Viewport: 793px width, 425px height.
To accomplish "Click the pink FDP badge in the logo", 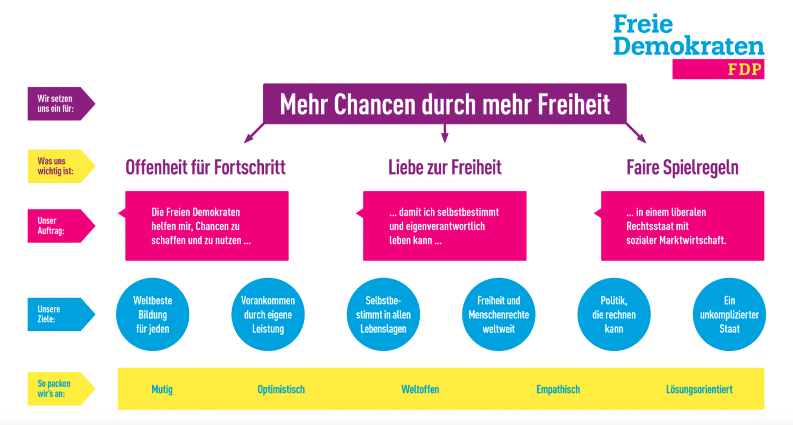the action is tap(718, 69).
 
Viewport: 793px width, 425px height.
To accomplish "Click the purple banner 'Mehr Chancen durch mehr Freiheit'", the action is tap(445, 104).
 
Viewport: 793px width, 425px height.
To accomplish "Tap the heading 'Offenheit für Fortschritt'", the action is tap(205, 168).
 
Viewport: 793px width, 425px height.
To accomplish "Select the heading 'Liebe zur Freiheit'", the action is tap(445, 168).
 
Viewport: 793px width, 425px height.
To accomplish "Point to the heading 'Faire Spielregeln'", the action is tap(683, 168).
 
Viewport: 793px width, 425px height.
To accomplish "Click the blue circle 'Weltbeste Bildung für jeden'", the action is tap(153, 314).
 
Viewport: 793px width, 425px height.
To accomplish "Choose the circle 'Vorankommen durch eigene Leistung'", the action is tap(268, 314).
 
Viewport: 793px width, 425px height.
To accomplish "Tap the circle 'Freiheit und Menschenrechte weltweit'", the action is tap(499, 314).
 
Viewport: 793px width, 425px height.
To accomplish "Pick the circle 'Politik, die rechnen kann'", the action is tap(614, 314).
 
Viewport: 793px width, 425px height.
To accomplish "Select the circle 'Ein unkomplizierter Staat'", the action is tap(729, 314).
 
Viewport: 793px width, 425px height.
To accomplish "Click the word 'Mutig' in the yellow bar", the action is tap(162, 390).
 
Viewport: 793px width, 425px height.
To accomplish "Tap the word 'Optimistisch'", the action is tap(281, 390).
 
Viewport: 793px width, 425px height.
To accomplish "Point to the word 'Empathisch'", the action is tap(558, 390).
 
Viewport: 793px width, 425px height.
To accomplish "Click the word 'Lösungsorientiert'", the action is tap(699, 390).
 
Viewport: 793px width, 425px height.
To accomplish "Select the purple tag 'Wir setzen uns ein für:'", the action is tap(61, 104).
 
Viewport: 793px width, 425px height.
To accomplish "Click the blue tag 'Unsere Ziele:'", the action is tap(61, 314).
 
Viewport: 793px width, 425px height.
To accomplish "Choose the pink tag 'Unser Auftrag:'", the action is tap(61, 226).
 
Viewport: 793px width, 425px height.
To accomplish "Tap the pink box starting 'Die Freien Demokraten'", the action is tap(207, 226).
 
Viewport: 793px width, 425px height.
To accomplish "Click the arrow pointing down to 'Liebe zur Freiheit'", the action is tap(445, 133).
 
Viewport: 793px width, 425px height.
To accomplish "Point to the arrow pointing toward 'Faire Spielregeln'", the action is tap(636, 133).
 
